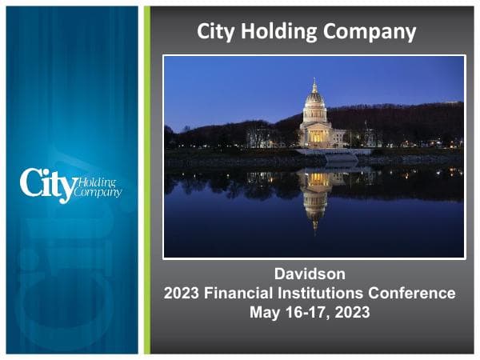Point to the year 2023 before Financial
pyautogui.click(x=182, y=293)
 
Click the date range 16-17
pyautogui.click(x=306, y=312)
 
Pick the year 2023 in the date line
pyautogui.click(x=353, y=312)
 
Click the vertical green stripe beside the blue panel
pyautogui.click(x=146, y=180)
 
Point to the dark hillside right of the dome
pyautogui.click(x=400, y=120)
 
